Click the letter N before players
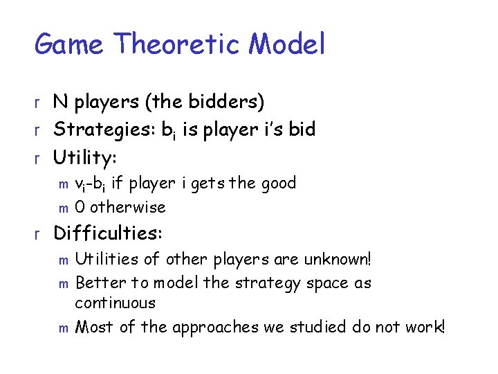pos(62,103)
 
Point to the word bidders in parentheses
pos(224,103)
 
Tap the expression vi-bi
pos(93,184)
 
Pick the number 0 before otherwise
pos(80,207)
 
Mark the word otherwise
pos(129,207)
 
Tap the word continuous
pos(116,303)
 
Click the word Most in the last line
pos(95,327)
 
